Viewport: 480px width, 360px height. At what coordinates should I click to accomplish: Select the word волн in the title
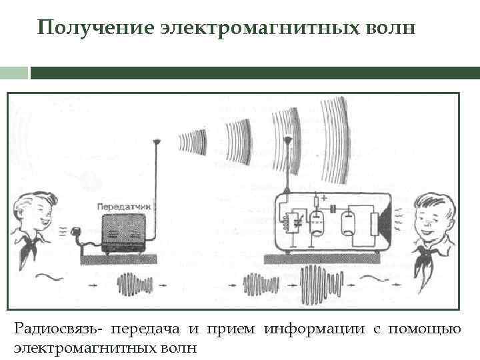click(x=391, y=29)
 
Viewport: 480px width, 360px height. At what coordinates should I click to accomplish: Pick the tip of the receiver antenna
click(x=287, y=141)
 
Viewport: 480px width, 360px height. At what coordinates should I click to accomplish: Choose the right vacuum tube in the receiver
click(x=347, y=223)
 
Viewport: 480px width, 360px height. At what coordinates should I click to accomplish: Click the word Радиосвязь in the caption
click(x=57, y=329)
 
